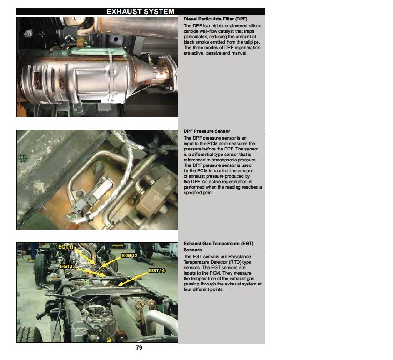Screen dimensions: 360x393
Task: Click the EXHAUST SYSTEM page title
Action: (140, 12)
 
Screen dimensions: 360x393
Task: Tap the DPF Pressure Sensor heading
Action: (207, 131)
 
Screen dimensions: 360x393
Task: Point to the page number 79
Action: (140, 348)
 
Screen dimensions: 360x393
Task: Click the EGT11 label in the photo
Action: (66, 247)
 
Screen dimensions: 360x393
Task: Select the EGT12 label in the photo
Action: (129, 255)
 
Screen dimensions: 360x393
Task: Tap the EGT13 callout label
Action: (68, 266)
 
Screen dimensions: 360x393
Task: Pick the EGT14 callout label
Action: (156, 270)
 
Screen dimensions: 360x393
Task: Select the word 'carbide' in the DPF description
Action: (192, 31)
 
